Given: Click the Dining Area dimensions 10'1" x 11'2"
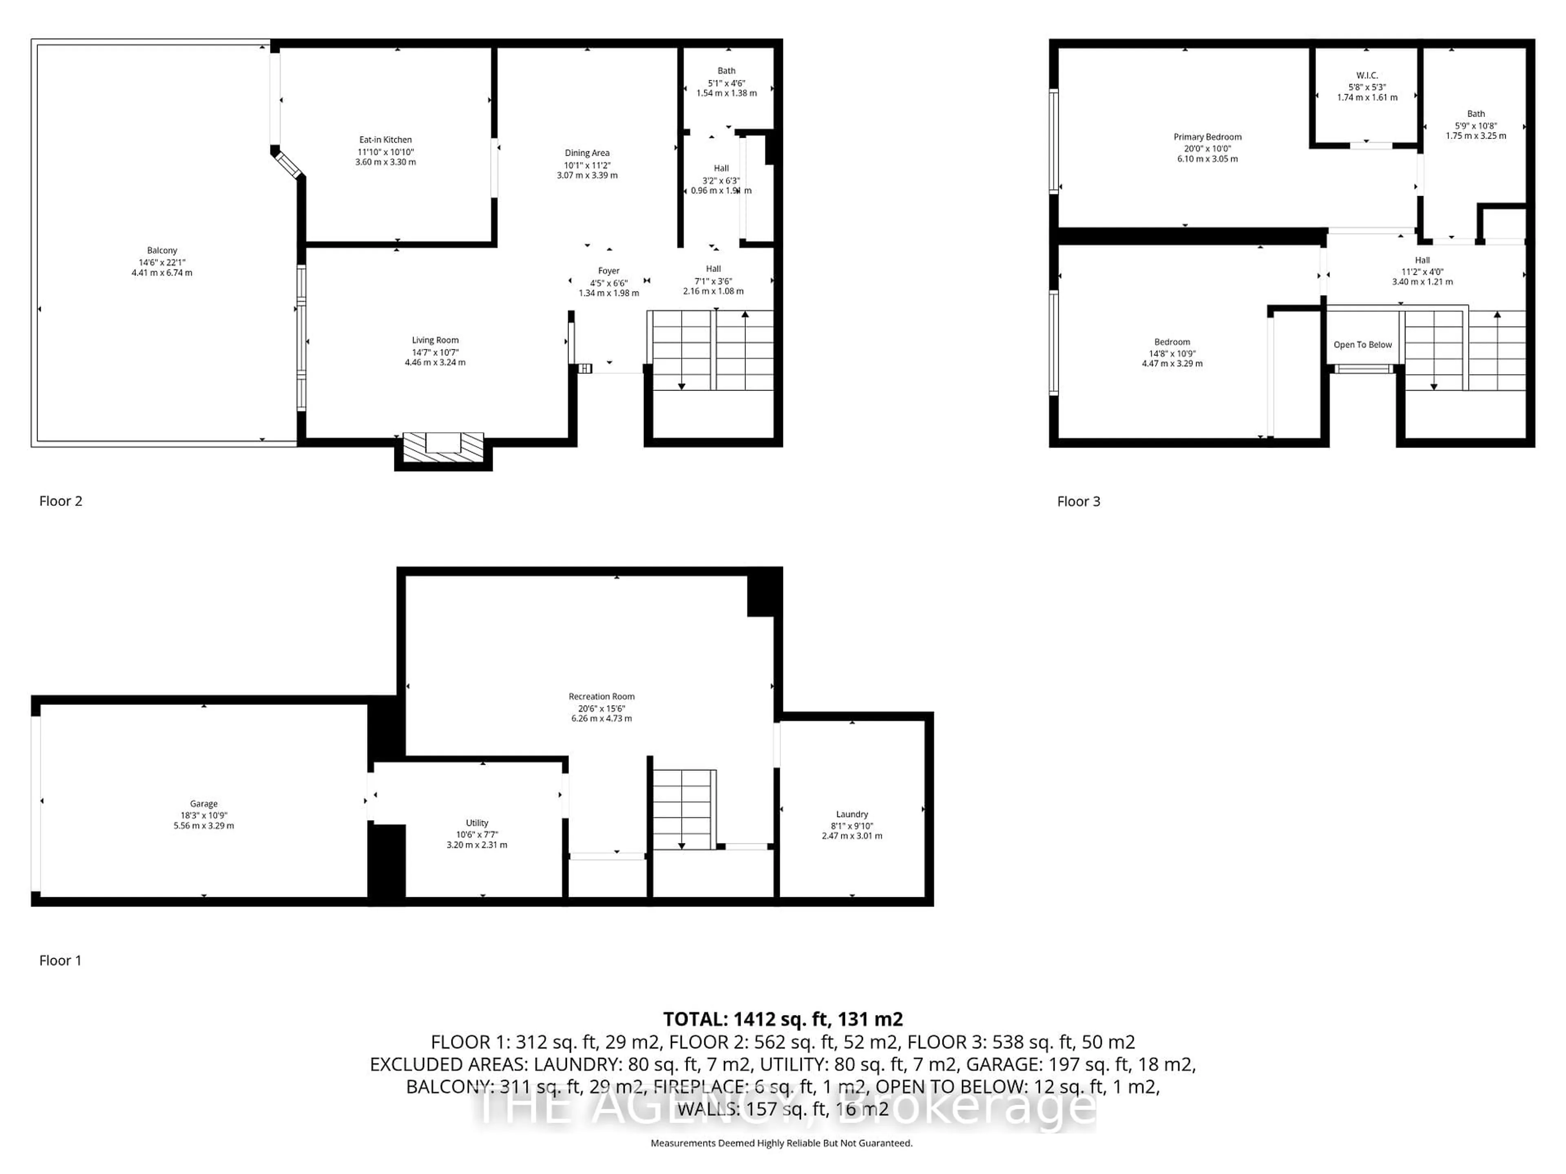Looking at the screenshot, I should coord(587,165).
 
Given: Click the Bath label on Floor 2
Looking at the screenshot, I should coord(726,71).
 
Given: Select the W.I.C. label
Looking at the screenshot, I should coord(1366,76).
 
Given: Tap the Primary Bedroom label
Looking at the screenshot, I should coord(1207,137).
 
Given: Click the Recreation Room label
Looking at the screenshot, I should coord(601,696).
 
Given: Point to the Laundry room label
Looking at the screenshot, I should coord(851,814).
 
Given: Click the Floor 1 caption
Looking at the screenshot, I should coord(60,960).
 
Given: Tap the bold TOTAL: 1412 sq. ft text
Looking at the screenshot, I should coord(782,1019).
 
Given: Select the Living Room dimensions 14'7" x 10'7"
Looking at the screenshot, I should coord(435,353).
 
